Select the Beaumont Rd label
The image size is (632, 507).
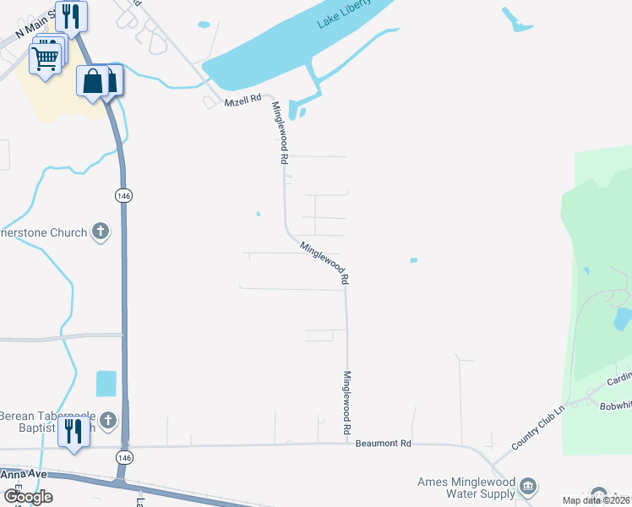click(x=383, y=443)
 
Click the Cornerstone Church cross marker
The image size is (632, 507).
click(x=101, y=231)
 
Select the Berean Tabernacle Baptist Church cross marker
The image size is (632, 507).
click(x=107, y=419)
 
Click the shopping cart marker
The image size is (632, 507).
click(x=46, y=57)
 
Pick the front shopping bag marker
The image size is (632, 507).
click(x=92, y=82)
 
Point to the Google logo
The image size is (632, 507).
click(x=28, y=497)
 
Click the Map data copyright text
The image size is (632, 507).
click(x=597, y=500)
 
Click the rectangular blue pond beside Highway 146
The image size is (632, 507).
click(x=106, y=384)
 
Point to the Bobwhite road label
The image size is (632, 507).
click(x=614, y=405)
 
